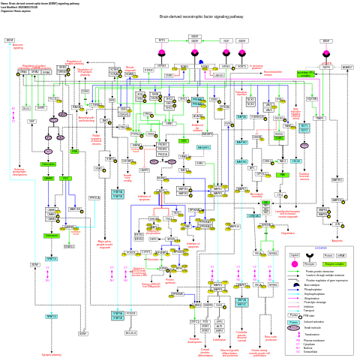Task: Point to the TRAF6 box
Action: point(319,118)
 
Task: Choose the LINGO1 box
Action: point(218,75)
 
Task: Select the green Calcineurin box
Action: point(48,178)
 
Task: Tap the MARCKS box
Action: point(75,208)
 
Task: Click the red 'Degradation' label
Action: point(288,233)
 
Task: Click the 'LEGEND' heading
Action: point(320,248)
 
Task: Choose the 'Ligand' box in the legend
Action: point(294,255)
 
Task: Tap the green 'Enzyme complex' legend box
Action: point(334,263)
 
